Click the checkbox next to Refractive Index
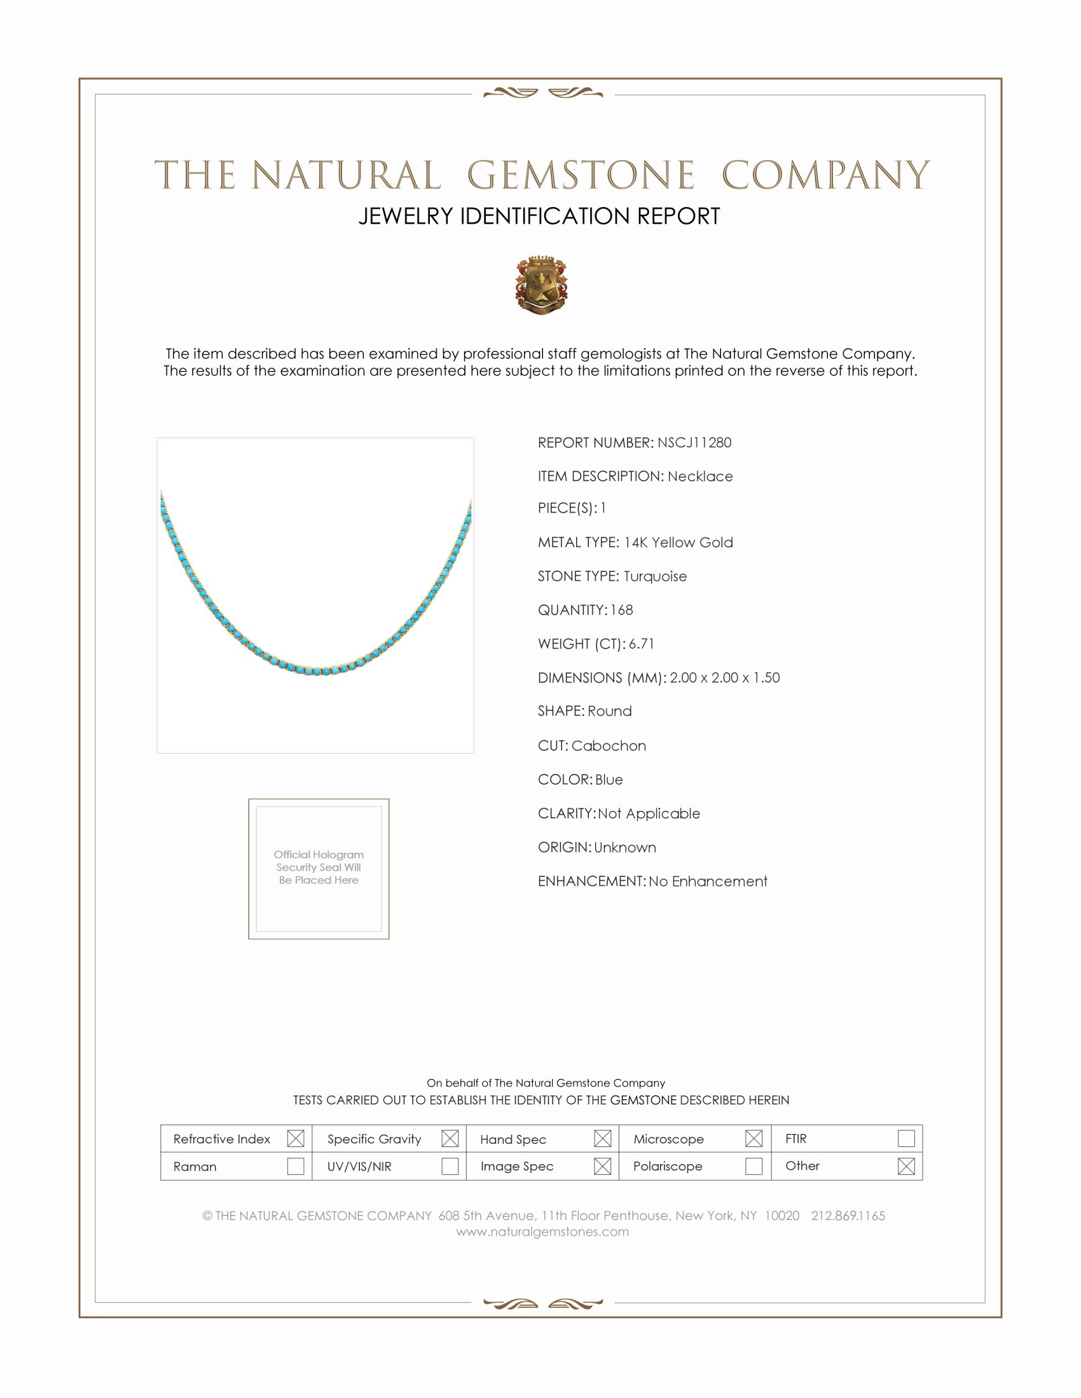coord(295,1138)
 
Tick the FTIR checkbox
coord(905,1138)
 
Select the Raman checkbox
coord(295,1165)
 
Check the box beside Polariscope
coord(754,1165)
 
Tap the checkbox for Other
coord(905,1165)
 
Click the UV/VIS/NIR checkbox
coord(450,1165)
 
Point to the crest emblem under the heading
coord(541,285)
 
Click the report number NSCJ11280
coord(694,442)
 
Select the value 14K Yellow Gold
coord(678,542)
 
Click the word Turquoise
coord(655,576)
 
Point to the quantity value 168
coord(621,610)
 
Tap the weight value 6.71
coord(641,644)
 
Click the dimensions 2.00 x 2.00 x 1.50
coord(724,677)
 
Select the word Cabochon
coord(609,746)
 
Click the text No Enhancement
coord(708,881)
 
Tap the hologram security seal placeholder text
coord(319,867)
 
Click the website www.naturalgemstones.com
coord(542,1232)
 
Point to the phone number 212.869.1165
coord(848,1216)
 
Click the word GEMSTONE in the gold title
coord(580,175)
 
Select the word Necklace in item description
coord(700,476)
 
